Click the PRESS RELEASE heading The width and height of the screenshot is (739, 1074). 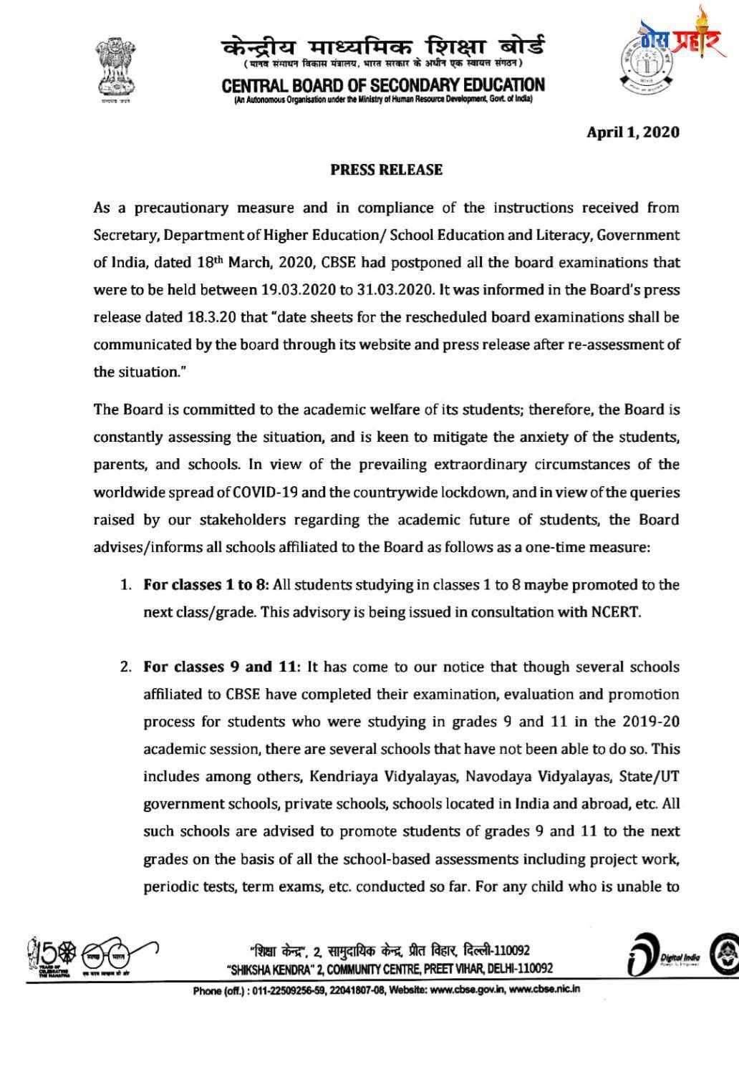(x=386, y=170)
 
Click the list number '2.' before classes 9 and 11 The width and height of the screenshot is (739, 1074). (x=125, y=667)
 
